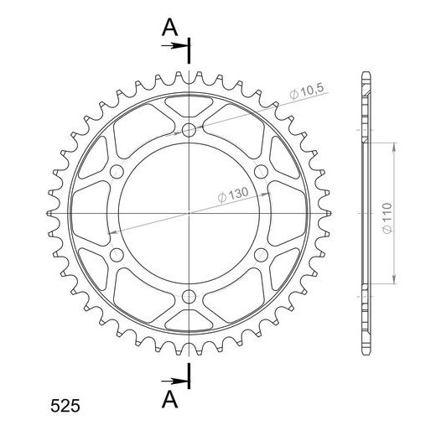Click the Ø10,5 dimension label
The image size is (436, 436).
tap(307, 91)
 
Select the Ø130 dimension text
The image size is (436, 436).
tap(233, 195)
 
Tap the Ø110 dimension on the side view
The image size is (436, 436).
tap(387, 218)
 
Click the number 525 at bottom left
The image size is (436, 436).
tap(65, 406)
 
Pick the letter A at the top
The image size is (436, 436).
tap(169, 27)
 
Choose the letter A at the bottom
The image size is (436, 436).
tap(169, 399)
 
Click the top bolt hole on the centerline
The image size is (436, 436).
tap(189, 130)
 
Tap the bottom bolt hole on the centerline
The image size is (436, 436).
tap(189, 297)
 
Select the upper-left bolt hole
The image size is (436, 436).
tap(117, 171)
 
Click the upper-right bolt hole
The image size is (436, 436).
tap(262, 171)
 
